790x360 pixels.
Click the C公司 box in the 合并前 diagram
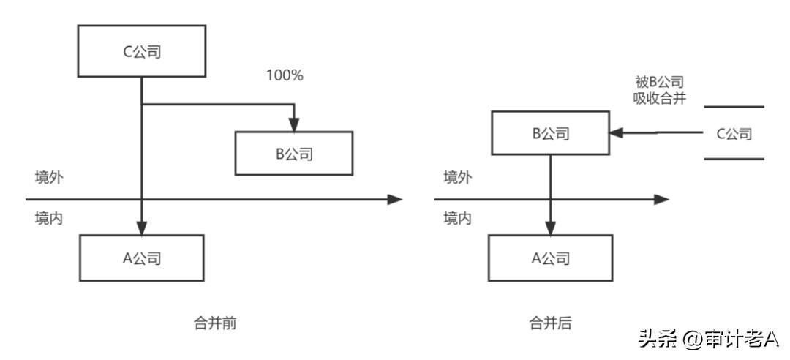[141, 51]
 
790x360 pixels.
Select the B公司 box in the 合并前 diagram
[294, 153]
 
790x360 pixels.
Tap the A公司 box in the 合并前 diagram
[141, 258]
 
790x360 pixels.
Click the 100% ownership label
[285, 75]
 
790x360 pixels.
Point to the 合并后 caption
[550, 323]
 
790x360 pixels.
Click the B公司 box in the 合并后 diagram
[550, 133]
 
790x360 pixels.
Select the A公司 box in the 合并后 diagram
[550, 258]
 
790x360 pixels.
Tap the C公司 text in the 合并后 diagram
[734, 134]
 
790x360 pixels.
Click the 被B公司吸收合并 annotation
[660, 91]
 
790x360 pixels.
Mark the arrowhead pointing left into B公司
[616, 133]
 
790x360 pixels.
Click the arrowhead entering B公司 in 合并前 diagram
[294, 125]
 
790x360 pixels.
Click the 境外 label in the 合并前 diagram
[48, 178]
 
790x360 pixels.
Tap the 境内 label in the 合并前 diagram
[48, 218]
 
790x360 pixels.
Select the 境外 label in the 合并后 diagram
[457, 178]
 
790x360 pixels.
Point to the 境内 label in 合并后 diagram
[457, 218]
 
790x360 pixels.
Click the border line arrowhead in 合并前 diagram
[395, 199]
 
